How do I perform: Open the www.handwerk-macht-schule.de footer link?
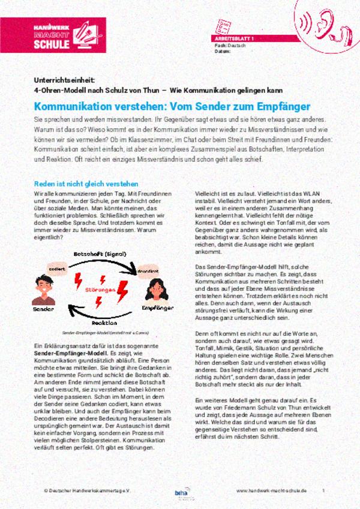(271, 490)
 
